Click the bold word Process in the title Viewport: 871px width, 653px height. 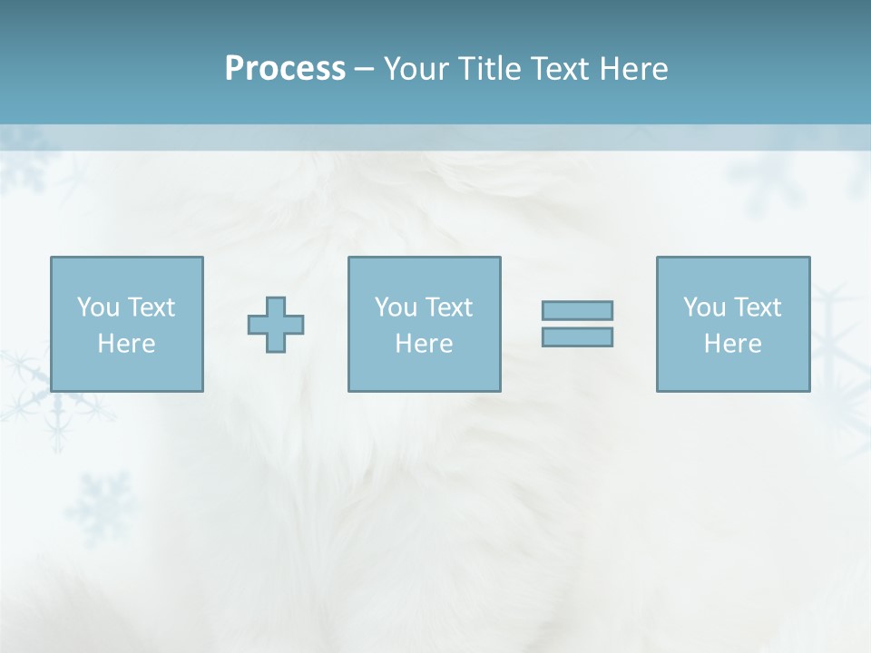point(285,69)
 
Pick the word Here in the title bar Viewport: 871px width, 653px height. point(634,69)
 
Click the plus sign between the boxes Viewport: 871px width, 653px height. point(276,325)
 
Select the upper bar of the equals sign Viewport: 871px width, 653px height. point(577,310)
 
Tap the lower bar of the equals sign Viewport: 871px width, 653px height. point(577,336)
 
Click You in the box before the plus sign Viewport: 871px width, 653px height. point(97,307)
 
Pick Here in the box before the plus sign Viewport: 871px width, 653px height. point(126,344)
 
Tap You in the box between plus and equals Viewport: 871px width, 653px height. point(396,307)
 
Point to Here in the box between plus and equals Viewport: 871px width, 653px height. point(424,344)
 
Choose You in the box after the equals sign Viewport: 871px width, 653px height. point(704,307)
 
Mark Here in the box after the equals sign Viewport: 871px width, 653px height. point(732,344)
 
